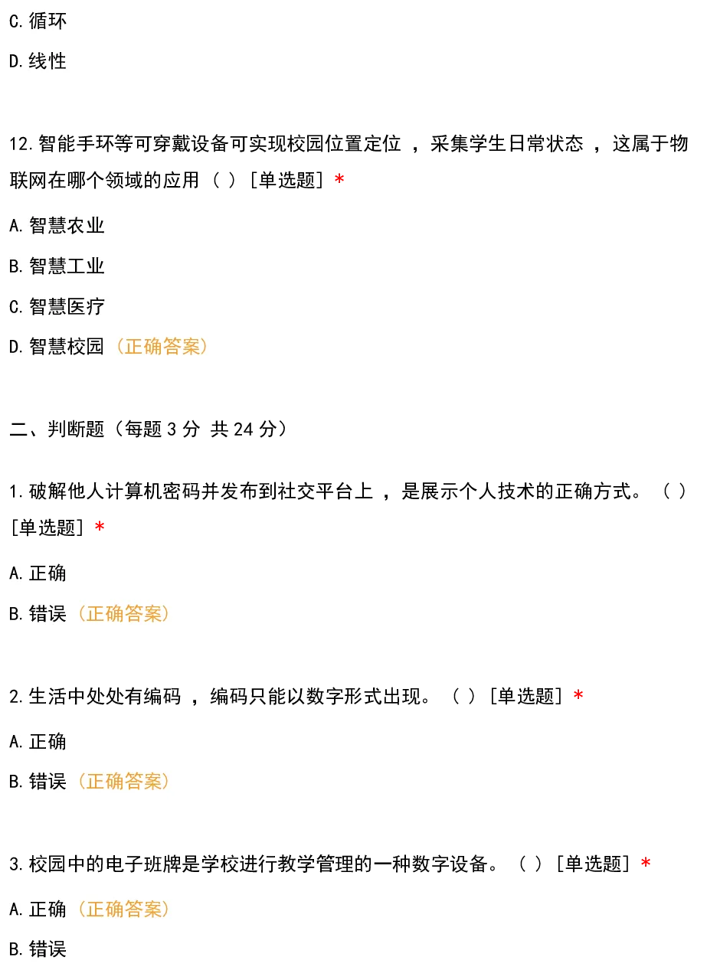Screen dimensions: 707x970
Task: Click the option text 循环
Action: pos(47,21)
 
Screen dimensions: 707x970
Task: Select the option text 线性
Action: pos(47,61)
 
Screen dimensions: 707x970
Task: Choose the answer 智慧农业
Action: pos(67,226)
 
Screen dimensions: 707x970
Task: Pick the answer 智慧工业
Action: pos(67,266)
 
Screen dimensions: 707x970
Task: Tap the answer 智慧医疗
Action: pos(67,307)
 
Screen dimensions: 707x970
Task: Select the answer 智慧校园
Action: pos(67,347)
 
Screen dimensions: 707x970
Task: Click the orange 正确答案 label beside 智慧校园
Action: pos(161,347)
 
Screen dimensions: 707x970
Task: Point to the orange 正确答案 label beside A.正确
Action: pos(123,910)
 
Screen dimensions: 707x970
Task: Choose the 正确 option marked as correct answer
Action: pos(47,910)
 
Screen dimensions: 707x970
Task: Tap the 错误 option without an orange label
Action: pos(47,950)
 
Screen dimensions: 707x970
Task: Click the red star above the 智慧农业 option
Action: pos(340,178)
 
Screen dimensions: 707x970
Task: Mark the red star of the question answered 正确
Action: pos(646,862)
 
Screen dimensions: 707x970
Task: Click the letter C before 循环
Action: pos(14,21)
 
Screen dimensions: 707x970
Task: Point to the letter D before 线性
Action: pos(14,61)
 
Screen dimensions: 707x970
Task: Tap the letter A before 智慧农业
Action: pos(14,226)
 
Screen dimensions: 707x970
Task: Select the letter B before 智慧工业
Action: pos(14,266)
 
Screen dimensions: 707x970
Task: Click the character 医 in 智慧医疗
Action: pos(76,307)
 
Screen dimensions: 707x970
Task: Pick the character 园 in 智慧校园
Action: pos(95,347)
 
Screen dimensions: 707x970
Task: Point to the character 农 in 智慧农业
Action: pos(76,226)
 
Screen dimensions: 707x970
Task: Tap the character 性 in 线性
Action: pos(57,61)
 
